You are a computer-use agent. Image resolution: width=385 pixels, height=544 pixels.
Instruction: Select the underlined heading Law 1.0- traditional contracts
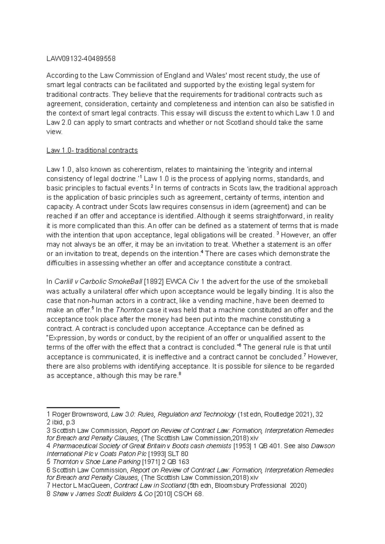pyautogui.click(x=92, y=151)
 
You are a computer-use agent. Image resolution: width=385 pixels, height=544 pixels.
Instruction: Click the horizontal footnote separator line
pyautogui.click(x=83, y=406)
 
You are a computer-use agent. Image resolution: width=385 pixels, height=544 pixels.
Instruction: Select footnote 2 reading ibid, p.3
pyautogui.click(x=61, y=422)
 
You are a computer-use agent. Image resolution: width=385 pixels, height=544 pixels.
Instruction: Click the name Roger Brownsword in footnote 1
pyautogui.click(x=80, y=414)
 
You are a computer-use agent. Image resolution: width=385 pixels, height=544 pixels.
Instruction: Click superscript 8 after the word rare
pyautogui.click(x=180, y=374)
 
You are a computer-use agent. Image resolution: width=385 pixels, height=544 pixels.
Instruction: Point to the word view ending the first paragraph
pyautogui.click(x=54, y=132)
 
